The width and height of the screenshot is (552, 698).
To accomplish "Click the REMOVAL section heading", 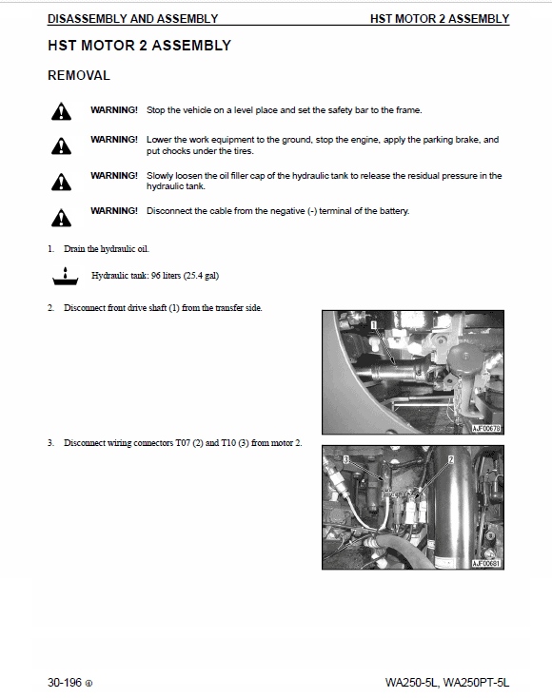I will point(79,75).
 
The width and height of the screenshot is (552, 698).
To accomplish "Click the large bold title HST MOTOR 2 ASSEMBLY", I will point(139,46).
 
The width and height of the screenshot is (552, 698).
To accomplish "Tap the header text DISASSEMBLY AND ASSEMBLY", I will point(132,19).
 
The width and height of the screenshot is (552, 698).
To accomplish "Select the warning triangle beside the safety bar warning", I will point(61,113).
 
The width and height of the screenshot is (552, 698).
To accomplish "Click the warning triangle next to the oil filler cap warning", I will point(61,181).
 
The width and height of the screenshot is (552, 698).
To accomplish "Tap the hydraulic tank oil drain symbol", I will point(63,277).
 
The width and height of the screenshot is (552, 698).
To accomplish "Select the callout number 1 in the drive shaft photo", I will point(375,325).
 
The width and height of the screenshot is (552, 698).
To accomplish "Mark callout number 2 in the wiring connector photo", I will point(450,458).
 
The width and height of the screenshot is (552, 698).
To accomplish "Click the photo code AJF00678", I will point(485,429).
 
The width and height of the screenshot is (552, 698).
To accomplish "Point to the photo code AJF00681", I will point(485,564).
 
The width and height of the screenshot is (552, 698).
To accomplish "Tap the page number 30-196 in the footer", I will point(66,683).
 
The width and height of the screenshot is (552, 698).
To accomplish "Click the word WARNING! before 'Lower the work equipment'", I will point(114,140).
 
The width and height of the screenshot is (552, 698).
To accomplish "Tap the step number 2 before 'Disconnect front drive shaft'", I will point(50,308).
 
